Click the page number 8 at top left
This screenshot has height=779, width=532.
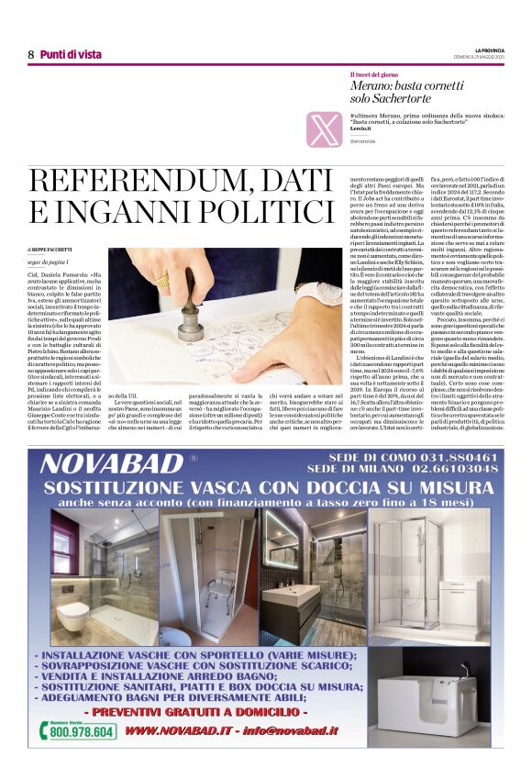30,55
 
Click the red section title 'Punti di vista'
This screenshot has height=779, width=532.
71,55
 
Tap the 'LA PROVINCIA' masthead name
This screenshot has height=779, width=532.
486,50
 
